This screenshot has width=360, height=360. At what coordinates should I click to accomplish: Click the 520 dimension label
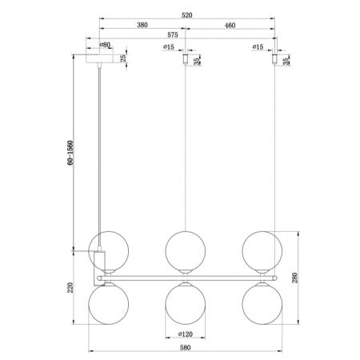click(186, 15)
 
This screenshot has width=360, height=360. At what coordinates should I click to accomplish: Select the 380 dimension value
click(142, 25)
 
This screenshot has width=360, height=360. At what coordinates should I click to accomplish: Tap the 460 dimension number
click(230, 26)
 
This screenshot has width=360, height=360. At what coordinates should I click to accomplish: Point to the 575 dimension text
click(173, 34)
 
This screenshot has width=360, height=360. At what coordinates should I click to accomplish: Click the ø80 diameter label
click(105, 45)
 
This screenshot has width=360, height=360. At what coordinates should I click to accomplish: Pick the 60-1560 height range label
click(70, 153)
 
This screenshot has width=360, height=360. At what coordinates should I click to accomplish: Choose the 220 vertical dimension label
click(70, 287)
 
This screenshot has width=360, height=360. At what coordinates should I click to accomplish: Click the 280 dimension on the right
click(294, 278)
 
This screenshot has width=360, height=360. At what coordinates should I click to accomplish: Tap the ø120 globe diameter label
click(186, 334)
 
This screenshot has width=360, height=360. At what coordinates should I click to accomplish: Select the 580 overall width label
click(186, 347)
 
